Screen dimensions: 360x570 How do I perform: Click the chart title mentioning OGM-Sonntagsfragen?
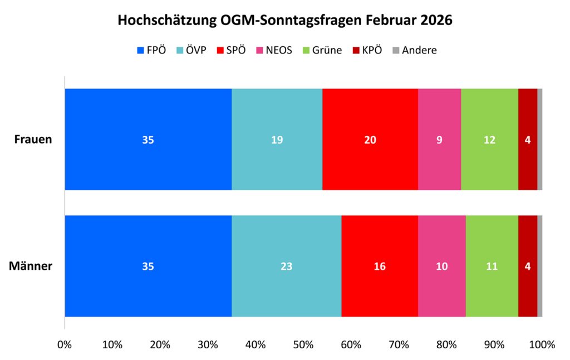285,21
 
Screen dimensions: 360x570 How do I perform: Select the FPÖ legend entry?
151,50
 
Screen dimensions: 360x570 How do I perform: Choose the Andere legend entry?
415,50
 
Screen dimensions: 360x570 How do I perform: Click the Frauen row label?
33,139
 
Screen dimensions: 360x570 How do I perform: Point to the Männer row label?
31,266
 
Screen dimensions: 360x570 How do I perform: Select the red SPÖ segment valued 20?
370,139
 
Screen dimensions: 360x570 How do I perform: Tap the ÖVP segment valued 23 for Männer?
286,266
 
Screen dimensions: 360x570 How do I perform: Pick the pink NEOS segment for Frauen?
439,139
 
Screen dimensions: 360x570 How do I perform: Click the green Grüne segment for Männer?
492,266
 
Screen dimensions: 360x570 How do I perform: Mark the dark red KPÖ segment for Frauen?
528,139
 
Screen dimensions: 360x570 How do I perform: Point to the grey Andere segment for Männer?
540,266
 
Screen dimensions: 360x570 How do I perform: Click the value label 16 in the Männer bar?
380,266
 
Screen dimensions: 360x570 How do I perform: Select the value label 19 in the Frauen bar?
277,140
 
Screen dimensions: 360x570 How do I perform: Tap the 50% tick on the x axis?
303,344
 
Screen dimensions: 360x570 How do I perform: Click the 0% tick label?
65,344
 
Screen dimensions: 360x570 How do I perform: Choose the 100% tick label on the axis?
542,344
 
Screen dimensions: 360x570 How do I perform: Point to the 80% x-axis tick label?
446,344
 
